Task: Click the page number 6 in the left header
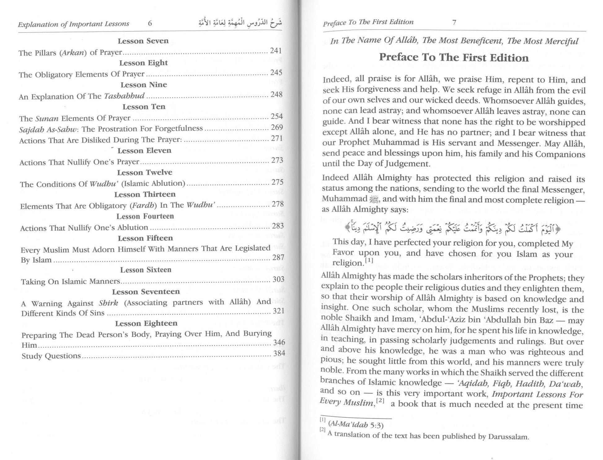point(150,23)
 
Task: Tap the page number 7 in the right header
point(454,22)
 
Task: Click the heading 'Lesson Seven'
point(143,41)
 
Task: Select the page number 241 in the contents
point(275,51)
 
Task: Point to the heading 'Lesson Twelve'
point(144,172)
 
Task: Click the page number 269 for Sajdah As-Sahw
point(277,127)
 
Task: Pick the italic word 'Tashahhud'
point(124,96)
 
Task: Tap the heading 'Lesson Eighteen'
point(146,323)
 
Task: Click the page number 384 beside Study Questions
point(279,353)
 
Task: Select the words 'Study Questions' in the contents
point(51,356)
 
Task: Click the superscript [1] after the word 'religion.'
point(369,261)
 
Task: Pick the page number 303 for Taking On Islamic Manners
point(278,279)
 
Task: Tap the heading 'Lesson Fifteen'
point(145,238)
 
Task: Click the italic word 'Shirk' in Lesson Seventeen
point(108,302)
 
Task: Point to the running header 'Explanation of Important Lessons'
point(73,24)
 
